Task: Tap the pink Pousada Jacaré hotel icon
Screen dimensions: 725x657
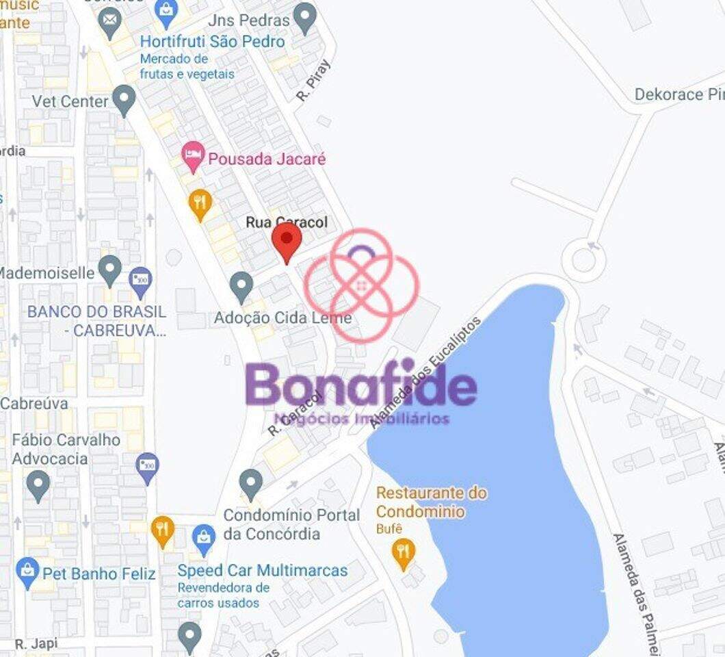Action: [194, 157]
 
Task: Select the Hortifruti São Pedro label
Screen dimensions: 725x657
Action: [212, 42]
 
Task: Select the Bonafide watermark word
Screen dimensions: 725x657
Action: [360, 386]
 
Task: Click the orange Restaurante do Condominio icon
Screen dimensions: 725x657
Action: [404, 552]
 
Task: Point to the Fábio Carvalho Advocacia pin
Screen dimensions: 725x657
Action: [38, 485]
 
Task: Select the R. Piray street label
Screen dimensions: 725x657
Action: [313, 81]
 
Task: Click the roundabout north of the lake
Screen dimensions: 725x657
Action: [583, 260]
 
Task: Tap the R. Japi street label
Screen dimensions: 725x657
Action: [36, 643]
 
